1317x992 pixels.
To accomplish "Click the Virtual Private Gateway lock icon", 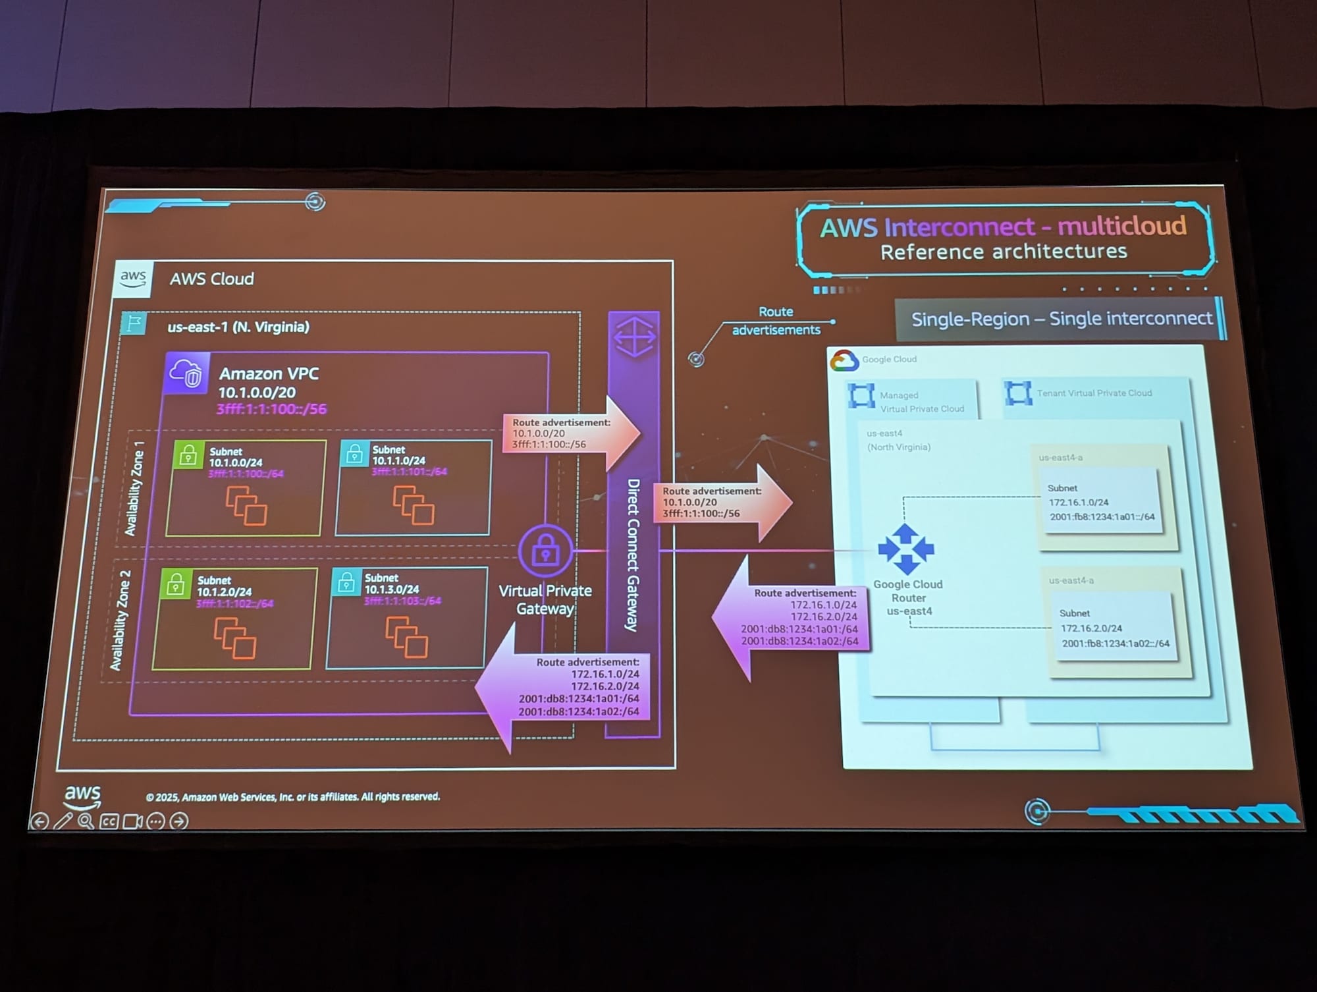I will coord(545,551).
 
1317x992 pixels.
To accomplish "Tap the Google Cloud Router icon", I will coord(906,549).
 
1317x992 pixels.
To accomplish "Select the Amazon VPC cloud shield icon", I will coord(187,373).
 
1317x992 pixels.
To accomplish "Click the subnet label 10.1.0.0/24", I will coord(236,462).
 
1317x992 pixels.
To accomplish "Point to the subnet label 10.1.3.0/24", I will coord(392,590).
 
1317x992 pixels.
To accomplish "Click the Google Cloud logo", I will coord(844,360).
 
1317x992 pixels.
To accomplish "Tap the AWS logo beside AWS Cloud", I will coord(133,278).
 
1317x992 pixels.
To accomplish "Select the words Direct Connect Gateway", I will coord(633,555).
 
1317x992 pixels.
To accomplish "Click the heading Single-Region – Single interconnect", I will coord(1061,319).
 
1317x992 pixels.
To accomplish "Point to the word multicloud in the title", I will coord(1121,226).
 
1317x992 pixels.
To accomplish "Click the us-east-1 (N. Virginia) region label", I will coord(238,327).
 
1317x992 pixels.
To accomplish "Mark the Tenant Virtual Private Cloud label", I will coord(1094,393).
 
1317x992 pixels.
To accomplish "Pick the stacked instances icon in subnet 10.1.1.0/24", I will coord(414,505).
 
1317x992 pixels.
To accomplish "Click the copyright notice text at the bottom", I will coord(292,797).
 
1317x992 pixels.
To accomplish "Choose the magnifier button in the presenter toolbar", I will coord(86,821).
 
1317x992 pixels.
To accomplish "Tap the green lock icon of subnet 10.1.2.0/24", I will coord(175,584).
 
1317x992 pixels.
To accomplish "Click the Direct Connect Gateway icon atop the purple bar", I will coord(634,337).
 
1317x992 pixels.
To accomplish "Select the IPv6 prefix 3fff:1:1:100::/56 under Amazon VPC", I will coord(271,409).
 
